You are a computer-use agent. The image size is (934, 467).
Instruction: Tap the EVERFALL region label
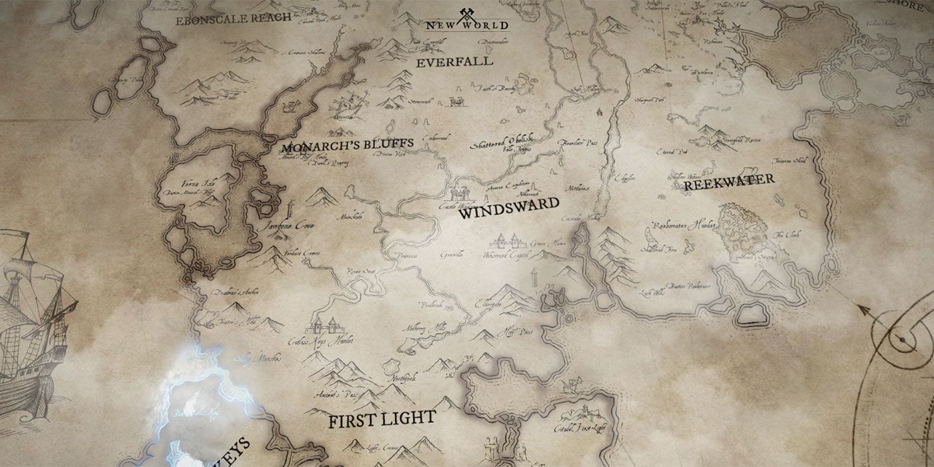pyautogui.click(x=454, y=61)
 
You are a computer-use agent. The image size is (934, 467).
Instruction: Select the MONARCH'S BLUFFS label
pyautogui.click(x=347, y=144)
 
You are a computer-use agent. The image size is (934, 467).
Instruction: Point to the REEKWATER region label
pyautogui.click(x=729, y=181)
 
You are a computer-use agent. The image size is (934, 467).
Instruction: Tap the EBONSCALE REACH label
pyautogui.click(x=223, y=20)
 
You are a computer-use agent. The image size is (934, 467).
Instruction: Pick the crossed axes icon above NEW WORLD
pyautogui.click(x=466, y=13)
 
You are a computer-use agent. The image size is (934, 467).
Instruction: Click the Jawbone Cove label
pyautogui.click(x=288, y=226)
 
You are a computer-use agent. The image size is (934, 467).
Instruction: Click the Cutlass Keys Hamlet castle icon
pyautogui.click(x=324, y=326)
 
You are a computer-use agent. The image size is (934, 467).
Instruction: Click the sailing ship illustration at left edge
pyautogui.click(x=33, y=320)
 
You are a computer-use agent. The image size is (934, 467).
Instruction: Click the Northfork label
pyautogui.click(x=402, y=378)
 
